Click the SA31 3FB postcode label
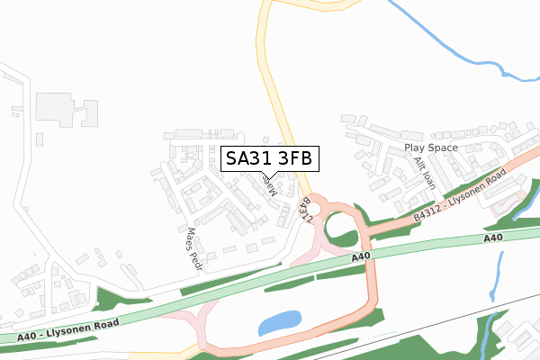click(x=269, y=158)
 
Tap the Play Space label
click(x=431, y=148)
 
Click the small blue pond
click(x=280, y=321)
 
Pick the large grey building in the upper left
click(x=62, y=108)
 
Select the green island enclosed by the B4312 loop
click(x=341, y=231)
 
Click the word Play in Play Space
click(x=415, y=148)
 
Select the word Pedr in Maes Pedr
click(x=196, y=258)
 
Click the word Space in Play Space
click(x=443, y=148)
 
